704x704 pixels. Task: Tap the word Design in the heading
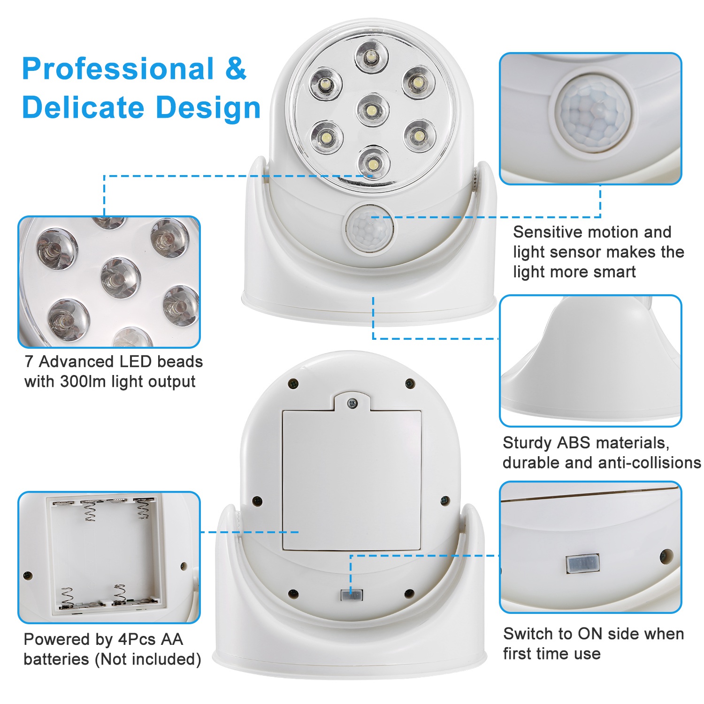click(208, 107)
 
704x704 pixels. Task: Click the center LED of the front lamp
click(372, 110)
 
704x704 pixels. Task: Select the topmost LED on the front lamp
click(371, 57)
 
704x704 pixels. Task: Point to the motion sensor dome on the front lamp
click(369, 230)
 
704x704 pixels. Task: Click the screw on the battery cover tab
click(352, 402)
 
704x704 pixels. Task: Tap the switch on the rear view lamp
click(352, 596)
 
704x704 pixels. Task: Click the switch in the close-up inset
click(582, 564)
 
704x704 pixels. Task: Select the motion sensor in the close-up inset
click(593, 114)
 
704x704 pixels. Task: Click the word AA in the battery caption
click(171, 639)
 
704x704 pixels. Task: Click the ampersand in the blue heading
click(236, 69)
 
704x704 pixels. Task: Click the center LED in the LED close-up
click(121, 278)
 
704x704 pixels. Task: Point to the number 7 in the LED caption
click(29, 362)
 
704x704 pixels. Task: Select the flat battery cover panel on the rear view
click(352, 479)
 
